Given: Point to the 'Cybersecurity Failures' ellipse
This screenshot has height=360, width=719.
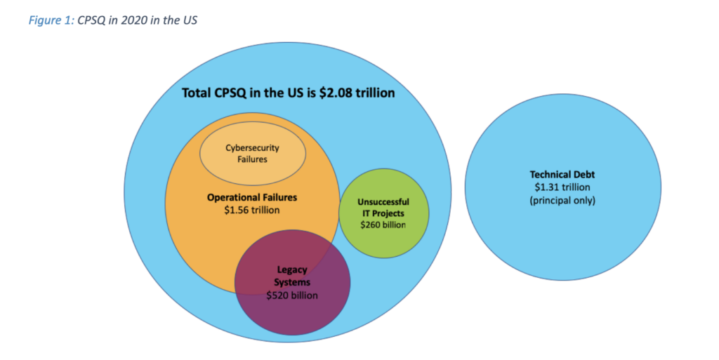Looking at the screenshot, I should (252, 154).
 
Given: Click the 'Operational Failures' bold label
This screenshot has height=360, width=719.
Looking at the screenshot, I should (252, 197).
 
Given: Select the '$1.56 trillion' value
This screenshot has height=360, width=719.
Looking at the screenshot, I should (252, 209).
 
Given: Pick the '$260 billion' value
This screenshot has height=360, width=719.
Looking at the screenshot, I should (383, 225).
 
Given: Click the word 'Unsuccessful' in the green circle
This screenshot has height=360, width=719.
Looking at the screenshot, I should (383, 202).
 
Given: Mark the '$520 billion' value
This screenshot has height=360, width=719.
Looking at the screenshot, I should (291, 295).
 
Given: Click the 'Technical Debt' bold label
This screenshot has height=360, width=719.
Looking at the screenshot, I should (562, 175).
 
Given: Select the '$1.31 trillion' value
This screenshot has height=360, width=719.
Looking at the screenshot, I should (562, 187).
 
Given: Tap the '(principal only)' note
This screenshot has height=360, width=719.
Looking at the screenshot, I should (562, 200).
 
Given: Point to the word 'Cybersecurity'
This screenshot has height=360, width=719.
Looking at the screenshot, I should (252, 147).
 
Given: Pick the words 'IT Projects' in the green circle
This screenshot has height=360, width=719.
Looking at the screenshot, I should (383, 213).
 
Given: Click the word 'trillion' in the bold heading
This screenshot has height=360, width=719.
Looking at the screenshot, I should (374, 93).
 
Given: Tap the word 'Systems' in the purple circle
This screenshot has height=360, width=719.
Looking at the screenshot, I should (292, 283).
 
